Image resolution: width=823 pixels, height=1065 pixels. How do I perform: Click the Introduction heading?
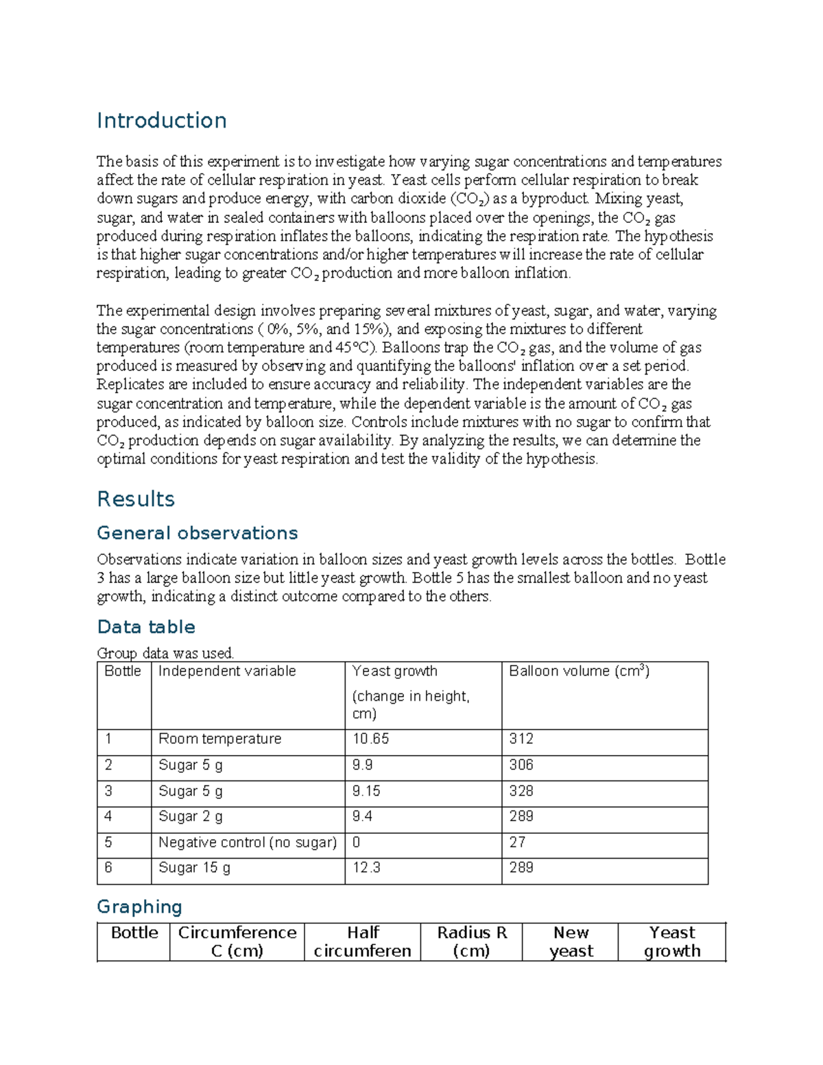coord(161,121)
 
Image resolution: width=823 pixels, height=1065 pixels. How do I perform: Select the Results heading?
coord(136,499)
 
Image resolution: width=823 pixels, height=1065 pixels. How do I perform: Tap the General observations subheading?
coord(197,533)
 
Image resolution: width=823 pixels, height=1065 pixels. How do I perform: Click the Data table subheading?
coord(146,627)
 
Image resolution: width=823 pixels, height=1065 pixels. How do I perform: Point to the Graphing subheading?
coord(139,907)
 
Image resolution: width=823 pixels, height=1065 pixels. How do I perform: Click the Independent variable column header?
coord(227,671)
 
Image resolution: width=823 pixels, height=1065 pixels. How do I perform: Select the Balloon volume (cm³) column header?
coord(579,671)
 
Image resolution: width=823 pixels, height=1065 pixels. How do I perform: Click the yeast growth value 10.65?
coord(370,739)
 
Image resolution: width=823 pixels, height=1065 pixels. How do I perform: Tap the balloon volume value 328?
coord(521,791)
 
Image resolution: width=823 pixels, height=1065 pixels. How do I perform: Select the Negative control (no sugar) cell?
coord(247,842)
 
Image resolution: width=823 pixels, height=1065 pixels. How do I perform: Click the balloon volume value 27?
coord(517,842)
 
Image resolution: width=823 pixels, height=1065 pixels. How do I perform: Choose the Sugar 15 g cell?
coord(194,867)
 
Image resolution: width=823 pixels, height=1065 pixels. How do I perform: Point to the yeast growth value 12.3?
coord(366,867)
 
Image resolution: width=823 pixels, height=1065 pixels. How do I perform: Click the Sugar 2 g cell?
coord(190,816)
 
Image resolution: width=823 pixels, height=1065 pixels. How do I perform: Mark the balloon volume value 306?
coord(521,765)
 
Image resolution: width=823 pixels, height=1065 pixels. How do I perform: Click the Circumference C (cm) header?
coord(237,942)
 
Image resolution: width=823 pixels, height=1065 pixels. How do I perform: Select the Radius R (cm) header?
coord(472,942)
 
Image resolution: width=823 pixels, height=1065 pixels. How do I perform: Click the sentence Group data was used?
coord(165,653)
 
